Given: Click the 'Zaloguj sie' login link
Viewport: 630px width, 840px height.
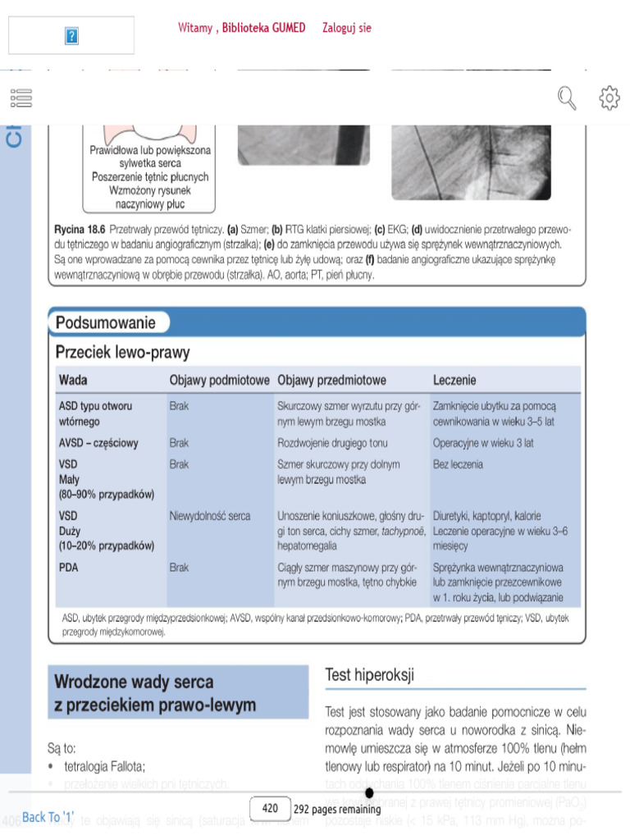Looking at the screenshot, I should pos(347,28).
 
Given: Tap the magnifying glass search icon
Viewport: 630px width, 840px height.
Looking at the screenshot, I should pos(567,98).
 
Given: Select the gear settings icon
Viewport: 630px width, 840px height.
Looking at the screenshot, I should pos(609,98).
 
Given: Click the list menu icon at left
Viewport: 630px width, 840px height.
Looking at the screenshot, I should pos(21,98).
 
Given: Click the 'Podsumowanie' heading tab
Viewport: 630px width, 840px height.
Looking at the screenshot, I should pos(106,323).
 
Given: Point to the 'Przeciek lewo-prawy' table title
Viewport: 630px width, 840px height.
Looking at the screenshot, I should pos(122,353).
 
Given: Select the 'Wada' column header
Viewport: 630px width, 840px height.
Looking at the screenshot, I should pos(73,381).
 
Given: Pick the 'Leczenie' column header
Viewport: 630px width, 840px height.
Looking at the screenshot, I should pos(454,381).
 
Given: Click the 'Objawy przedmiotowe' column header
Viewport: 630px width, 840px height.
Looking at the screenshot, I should pos(331,381).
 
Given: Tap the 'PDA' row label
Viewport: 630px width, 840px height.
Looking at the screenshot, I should pos(69,567).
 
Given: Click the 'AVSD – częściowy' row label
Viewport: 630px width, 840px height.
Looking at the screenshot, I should pos(98,443).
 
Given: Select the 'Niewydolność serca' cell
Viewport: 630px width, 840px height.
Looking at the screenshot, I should pos(210,516).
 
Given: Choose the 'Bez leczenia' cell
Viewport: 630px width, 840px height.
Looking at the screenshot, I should pos(458,464).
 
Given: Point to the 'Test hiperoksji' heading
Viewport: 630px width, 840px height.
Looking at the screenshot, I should pos(370,675).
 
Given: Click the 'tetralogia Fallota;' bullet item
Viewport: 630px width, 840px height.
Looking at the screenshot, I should pos(104,766).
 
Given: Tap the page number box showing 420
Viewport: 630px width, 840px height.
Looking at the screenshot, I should pos(270,808).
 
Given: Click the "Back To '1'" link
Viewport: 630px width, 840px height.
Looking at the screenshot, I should pos(48,817).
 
